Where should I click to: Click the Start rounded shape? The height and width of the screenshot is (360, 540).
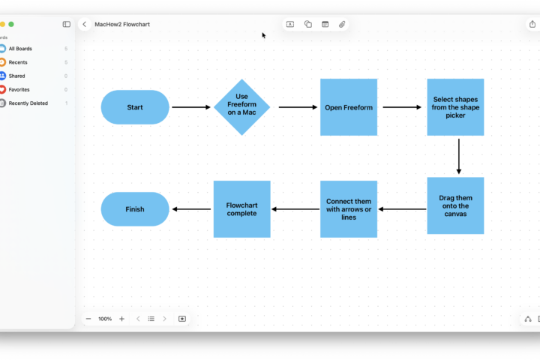point(135,107)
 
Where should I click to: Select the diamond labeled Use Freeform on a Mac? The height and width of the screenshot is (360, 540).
point(241,107)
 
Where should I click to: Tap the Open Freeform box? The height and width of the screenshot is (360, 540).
point(349,107)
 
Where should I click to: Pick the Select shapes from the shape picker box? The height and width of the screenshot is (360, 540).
point(455,107)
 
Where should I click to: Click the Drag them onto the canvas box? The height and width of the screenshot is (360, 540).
point(455,205)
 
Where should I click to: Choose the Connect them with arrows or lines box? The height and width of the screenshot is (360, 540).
point(349,209)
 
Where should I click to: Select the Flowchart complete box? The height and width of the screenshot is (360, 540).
point(241,209)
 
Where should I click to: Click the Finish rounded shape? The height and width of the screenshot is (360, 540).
point(135,209)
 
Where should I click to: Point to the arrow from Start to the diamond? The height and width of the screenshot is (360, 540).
point(191,107)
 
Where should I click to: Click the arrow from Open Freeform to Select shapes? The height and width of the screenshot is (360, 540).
point(402,107)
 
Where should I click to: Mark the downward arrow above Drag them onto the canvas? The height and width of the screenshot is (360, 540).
point(458,156)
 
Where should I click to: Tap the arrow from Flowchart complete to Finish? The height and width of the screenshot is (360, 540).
point(191,209)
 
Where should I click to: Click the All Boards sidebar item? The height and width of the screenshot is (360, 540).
point(20,49)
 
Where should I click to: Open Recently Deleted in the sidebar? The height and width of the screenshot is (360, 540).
point(28,103)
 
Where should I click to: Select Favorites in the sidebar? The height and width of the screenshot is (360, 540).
point(19,89)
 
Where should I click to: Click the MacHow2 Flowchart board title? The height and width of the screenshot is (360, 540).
point(122,24)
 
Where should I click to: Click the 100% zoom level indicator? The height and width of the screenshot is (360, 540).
point(105,319)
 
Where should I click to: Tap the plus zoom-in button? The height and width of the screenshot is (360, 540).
point(121,319)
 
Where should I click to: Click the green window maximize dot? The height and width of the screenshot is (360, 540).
point(11,24)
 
